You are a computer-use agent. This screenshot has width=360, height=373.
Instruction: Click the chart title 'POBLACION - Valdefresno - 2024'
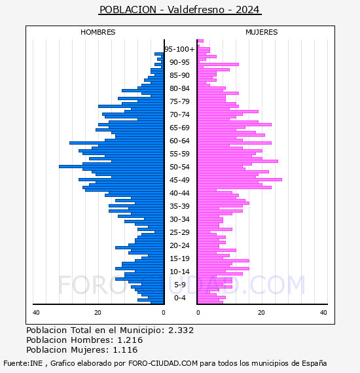[x=179, y=10]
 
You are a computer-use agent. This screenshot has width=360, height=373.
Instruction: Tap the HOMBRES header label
[x=98, y=32]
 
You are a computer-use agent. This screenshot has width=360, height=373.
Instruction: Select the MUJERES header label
[x=262, y=32]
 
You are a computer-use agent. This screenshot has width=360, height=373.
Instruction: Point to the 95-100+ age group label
[x=179, y=49]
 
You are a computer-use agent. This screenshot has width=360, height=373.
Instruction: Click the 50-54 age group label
[x=179, y=167]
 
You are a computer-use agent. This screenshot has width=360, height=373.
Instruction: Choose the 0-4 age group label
[x=179, y=298]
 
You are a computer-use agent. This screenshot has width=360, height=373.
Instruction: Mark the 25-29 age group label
[x=179, y=232]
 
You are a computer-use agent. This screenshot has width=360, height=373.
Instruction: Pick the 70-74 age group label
[x=179, y=115]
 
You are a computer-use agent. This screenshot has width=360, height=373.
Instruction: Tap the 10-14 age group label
[x=179, y=272]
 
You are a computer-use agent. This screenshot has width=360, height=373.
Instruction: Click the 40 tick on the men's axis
[x=36, y=312]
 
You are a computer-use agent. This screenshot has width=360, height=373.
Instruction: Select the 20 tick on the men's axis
[x=98, y=312]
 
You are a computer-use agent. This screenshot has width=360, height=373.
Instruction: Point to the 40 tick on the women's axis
[x=323, y=312]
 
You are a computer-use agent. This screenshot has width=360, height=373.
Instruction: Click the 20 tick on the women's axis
[x=261, y=312]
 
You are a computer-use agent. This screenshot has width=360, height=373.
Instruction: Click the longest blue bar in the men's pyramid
[x=111, y=166]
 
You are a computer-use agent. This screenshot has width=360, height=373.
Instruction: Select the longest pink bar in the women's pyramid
[x=240, y=179]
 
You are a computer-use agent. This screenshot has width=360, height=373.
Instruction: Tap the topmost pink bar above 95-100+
[x=200, y=41]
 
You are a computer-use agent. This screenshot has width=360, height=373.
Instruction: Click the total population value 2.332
[x=181, y=330]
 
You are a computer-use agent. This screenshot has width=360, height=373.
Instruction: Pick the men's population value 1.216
[x=130, y=340]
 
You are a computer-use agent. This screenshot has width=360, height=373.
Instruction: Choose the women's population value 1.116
[x=125, y=349]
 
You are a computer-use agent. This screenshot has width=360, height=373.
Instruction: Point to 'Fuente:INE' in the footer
[x=23, y=363]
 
